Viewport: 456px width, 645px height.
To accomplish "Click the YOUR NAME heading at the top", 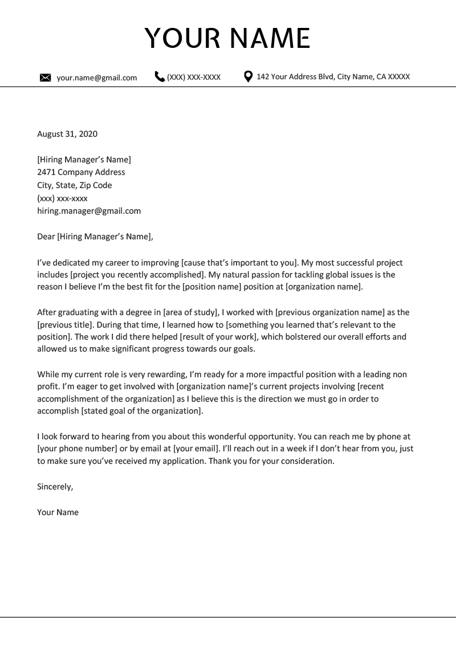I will pyautogui.click(x=227, y=38).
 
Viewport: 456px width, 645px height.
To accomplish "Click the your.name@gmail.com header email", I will pyautogui.click(x=96, y=77).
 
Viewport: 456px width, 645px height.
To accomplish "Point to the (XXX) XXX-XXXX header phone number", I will pyautogui.click(x=194, y=77).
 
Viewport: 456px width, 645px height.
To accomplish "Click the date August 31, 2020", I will pyautogui.click(x=67, y=134).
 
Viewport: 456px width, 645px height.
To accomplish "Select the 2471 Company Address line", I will pyautogui.click(x=81, y=172).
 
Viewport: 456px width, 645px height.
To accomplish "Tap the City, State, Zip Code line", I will pyautogui.click(x=74, y=185).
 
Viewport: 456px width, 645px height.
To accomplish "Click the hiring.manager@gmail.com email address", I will pyautogui.click(x=88, y=211).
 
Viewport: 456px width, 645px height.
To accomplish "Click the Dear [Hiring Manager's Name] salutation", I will pyautogui.click(x=95, y=236).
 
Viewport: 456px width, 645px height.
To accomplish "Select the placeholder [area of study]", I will pyautogui.click(x=191, y=312).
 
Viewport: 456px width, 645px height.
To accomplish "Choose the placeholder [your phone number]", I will pyautogui.click(x=76, y=448).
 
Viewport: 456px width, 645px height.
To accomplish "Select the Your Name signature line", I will pyautogui.click(x=58, y=512).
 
